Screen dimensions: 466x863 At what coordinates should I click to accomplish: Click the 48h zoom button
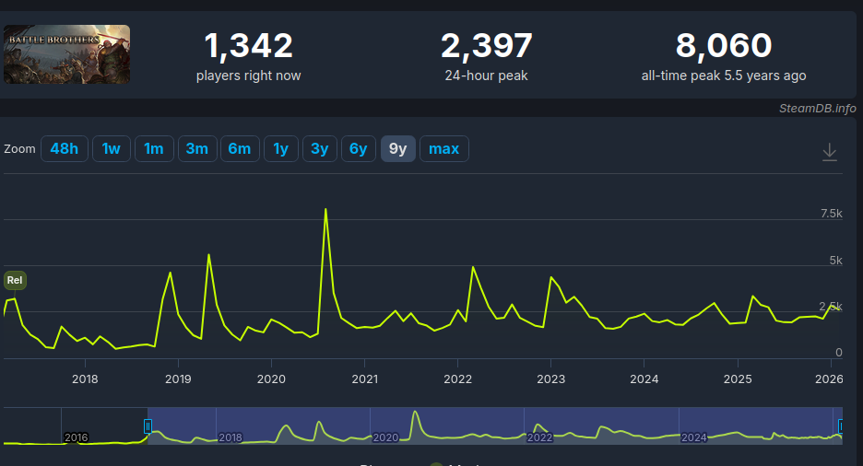click(x=65, y=148)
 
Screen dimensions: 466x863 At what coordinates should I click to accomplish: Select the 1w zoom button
click(x=111, y=148)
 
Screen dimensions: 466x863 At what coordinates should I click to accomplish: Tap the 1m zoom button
click(x=154, y=148)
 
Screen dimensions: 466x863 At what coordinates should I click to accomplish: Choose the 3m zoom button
click(x=196, y=148)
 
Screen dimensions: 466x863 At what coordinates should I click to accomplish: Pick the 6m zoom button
click(x=239, y=148)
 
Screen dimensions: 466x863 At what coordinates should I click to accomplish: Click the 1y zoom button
click(x=280, y=148)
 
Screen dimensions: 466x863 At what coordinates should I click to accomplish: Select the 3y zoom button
click(x=319, y=148)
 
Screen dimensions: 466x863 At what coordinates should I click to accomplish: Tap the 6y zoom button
click(x=358, y=148)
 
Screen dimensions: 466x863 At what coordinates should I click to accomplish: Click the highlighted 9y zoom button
click(x=397, y=148)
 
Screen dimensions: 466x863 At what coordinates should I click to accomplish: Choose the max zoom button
click(x=443, y=148)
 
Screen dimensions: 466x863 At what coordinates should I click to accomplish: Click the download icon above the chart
click(x=829, y=152)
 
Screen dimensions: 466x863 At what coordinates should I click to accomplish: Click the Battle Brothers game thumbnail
click(x=66, y=54)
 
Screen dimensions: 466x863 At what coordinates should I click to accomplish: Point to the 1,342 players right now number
click(x=248, y=45)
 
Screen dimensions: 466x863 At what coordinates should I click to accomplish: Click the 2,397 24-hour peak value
click(x=486, y=45)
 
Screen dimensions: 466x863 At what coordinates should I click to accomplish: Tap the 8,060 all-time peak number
click(x=723, y=45)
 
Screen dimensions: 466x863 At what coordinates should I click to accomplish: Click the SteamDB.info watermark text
click(x=817, y=108)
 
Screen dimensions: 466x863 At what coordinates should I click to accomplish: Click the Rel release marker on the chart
click(x=15, y=279)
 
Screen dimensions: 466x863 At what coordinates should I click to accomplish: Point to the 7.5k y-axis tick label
click(x=832, y=214)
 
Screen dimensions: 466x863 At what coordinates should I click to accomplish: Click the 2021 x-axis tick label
click(x=364, y=379)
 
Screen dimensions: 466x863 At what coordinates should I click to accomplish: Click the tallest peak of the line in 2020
click(x=325, y=209)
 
